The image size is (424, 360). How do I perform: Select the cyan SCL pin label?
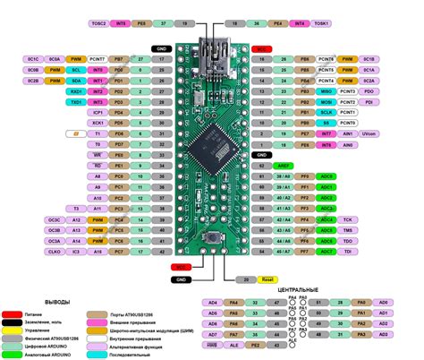[75, 69]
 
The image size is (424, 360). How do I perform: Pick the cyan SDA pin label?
[75, 81]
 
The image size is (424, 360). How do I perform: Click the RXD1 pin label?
[75, 91]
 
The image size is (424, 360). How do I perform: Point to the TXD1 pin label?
[75, 102]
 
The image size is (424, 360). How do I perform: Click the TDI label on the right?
[350, 253]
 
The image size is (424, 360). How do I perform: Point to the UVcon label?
[370, 135]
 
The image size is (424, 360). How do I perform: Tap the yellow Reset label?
[267, 279]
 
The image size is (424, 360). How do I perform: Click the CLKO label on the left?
[55, 253]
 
